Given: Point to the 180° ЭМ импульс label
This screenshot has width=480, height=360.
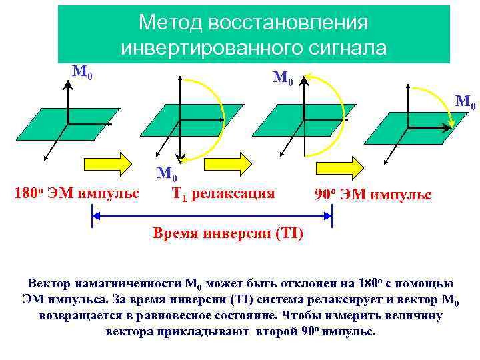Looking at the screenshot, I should click(77, 194).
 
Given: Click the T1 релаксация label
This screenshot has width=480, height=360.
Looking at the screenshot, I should click(223, 194).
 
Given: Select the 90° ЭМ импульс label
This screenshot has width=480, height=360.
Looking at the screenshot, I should click(373, 195).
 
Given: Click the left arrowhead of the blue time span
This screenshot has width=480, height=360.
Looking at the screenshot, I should click(95, 215).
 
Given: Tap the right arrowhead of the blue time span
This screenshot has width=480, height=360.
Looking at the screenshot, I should click(328, 215).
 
